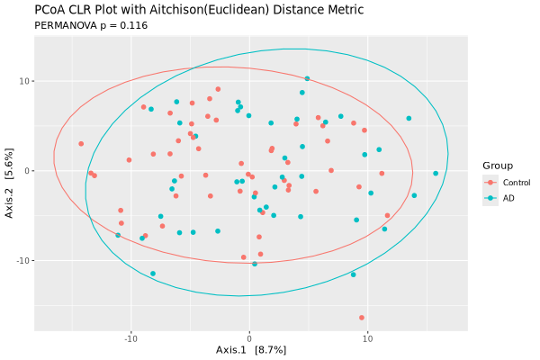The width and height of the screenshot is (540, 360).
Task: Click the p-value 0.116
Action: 133,25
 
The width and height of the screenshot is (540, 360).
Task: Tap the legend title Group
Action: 497,166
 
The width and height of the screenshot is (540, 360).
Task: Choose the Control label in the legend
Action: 516,183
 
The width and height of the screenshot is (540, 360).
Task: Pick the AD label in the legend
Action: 508,198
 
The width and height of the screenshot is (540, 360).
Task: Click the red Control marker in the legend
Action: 490,183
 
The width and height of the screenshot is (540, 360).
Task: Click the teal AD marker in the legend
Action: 490,198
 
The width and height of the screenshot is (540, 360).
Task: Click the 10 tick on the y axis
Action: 25,81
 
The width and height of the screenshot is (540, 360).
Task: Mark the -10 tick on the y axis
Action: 23,260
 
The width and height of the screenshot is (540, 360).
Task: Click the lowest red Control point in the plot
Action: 362,318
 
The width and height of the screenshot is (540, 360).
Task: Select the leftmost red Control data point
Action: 81,143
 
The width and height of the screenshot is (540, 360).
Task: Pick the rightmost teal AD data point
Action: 436,174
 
